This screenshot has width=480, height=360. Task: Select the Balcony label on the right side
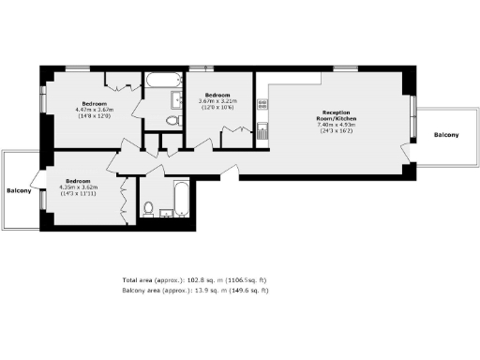point(446,136)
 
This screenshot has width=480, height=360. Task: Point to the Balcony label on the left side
point(21,191)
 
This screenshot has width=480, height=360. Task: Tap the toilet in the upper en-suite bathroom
point(171,121)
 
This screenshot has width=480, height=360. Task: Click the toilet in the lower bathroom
point(149,208)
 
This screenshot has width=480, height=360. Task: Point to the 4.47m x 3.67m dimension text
point(94,109)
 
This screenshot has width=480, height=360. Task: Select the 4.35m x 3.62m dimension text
point(78,187)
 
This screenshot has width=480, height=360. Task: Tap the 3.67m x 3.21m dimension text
point(217,101)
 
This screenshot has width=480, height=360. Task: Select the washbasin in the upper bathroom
point(176,99)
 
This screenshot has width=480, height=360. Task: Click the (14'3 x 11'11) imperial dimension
point(78,194)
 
